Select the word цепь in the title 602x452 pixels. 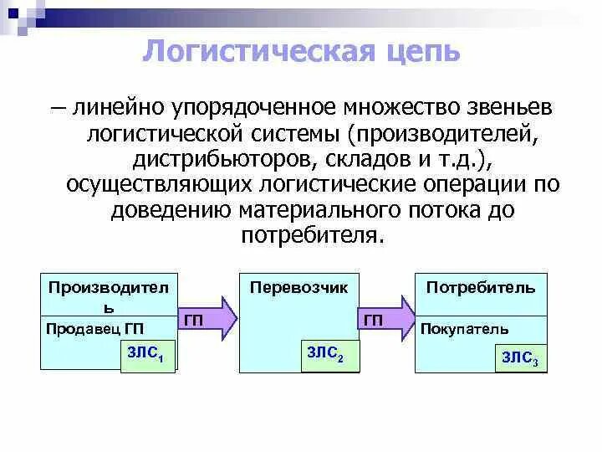[421, 50]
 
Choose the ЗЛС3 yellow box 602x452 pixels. [520, 359]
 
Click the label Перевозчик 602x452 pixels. [298, 287]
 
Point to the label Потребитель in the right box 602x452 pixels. [481, 287]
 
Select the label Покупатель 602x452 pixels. [464, 330]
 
